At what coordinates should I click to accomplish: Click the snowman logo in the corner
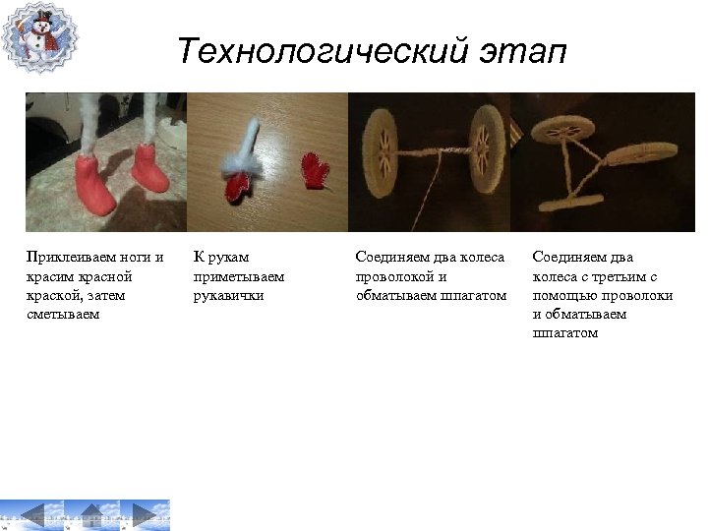click(39, 37)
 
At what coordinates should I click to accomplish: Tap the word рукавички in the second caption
click(229, 295)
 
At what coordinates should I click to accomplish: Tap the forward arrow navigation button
click(147, 514)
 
